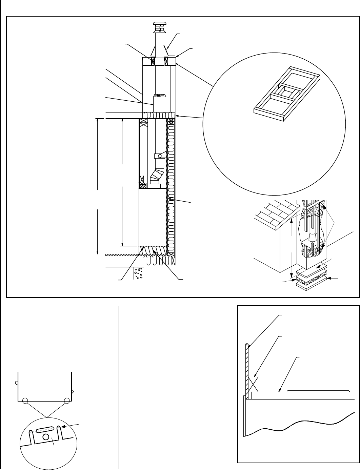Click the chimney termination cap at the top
158,27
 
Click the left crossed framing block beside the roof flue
152,61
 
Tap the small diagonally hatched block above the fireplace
143,186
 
